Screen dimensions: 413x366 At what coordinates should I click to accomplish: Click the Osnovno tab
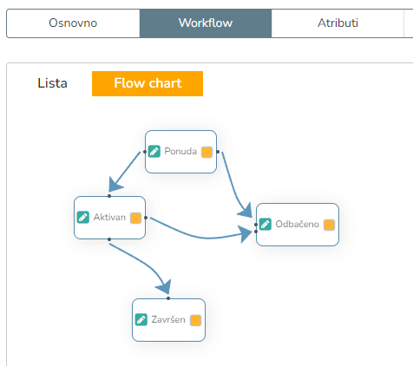[x=73, y=23]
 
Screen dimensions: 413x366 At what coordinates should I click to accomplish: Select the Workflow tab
[x=206, y=23]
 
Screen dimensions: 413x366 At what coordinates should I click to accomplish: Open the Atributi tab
[x=338, y=23]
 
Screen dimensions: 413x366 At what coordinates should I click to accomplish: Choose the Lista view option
[x=52, y=83]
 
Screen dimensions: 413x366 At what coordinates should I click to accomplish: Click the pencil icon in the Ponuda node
[x=154, y=152]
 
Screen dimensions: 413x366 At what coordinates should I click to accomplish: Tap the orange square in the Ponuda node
[x=206, y=152]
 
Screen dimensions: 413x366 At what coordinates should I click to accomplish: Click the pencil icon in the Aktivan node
[x=83, y=218]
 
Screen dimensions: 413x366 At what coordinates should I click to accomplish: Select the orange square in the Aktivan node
[x=135, y=218]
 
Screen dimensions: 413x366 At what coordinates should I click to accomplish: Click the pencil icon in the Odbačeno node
[x=265, y=225]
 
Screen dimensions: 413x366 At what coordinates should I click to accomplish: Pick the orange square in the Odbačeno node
[x=329, y=225]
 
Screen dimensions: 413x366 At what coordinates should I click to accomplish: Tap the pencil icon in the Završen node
[x=141, y=320]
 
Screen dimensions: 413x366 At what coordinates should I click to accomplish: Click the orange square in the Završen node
[x=195, y=320]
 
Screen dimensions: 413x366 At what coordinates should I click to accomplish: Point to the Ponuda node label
[x=180, y=151]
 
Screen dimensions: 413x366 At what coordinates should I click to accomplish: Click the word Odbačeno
[x=298, y=224]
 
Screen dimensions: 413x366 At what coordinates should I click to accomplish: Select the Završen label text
[x=168, y=319]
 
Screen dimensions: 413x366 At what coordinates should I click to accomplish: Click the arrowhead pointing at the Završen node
[x=165, y=287]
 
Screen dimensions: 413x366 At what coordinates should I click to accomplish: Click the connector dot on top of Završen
[x=168, y=298]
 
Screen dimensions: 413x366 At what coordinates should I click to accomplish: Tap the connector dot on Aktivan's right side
[x=146, y=218]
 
